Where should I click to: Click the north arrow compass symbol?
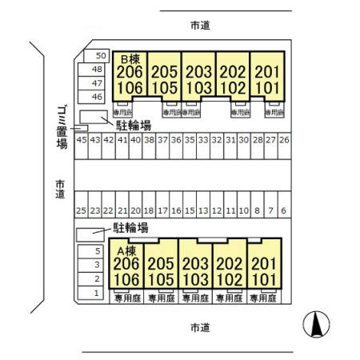[x=317, y=324]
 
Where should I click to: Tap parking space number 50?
[x=100, y=55]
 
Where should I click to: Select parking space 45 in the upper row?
[x=81, y=139]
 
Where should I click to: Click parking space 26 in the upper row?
[x=283, y=139]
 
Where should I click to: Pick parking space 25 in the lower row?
[x=81, y=210]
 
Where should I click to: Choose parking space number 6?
[x=283, y=210]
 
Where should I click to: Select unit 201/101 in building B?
[x=267, y=79]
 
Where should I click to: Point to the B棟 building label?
[x=130, y=59]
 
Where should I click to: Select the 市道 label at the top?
[x=200, y=26]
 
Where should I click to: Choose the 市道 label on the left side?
[x=61, y=189]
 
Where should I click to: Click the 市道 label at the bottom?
[x=200, y=327]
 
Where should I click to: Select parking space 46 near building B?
[x=97, y=96]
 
